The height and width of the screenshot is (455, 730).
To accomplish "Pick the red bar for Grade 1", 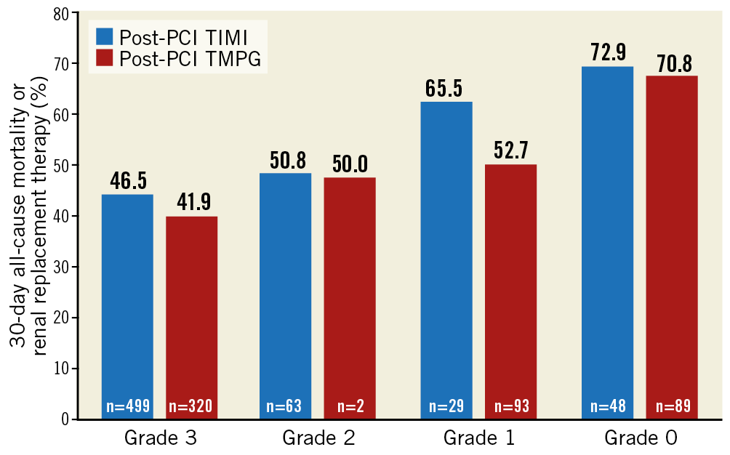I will (x=510, y=283).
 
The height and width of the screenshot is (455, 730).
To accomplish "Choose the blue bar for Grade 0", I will (x=608, y=233).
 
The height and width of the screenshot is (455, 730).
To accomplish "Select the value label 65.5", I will (x=446, y=90).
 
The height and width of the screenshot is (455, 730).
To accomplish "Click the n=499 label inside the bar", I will (x=127, y=406).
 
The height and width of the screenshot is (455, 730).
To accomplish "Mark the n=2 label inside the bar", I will (x=350, y=406).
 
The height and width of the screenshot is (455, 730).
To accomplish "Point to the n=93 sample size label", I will (x=510, y=406).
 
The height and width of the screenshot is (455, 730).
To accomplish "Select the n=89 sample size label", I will (x=672, y=406).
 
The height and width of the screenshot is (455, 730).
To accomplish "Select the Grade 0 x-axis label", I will (x=640, y=439).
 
